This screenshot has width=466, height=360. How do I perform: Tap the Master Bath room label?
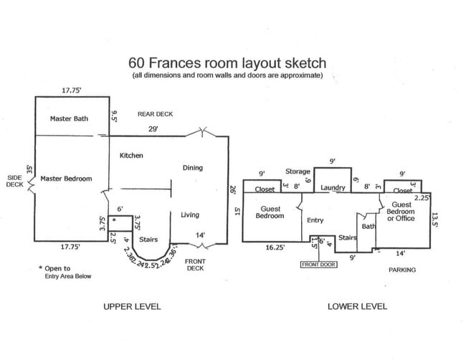[x=69, y=118]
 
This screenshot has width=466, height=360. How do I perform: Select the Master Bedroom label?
[x=66, y=179]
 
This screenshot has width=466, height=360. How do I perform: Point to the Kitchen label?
[x=132, y=156]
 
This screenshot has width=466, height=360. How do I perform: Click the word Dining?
[x=193, y=168]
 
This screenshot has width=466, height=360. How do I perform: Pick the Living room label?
[x=190, y=214]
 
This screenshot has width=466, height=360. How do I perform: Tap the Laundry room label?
[x=333, y=189]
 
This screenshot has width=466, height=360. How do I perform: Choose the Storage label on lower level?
[x=298, y=171]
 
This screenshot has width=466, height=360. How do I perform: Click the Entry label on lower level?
[x=316, y=220]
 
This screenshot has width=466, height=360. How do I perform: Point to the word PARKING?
[x=402, y=270]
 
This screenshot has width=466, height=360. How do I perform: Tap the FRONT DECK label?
[x=195, y=265]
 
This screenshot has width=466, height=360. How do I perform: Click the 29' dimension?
[x=153, y=129]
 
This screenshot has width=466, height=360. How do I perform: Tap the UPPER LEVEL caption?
[x=133, y=306]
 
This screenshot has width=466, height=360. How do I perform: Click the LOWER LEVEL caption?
[x=357, y=306]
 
